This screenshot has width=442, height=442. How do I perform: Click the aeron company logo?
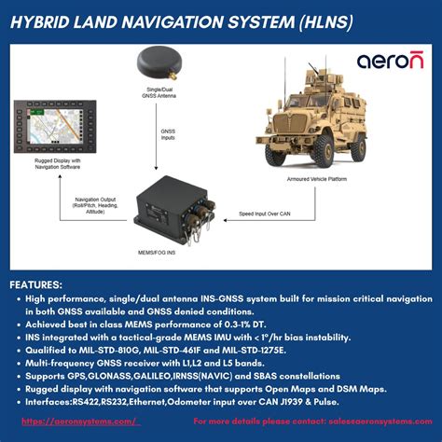click(390, 62)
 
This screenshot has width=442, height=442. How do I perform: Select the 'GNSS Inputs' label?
click(168, 137)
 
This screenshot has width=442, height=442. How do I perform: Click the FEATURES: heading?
click(36, 284)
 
